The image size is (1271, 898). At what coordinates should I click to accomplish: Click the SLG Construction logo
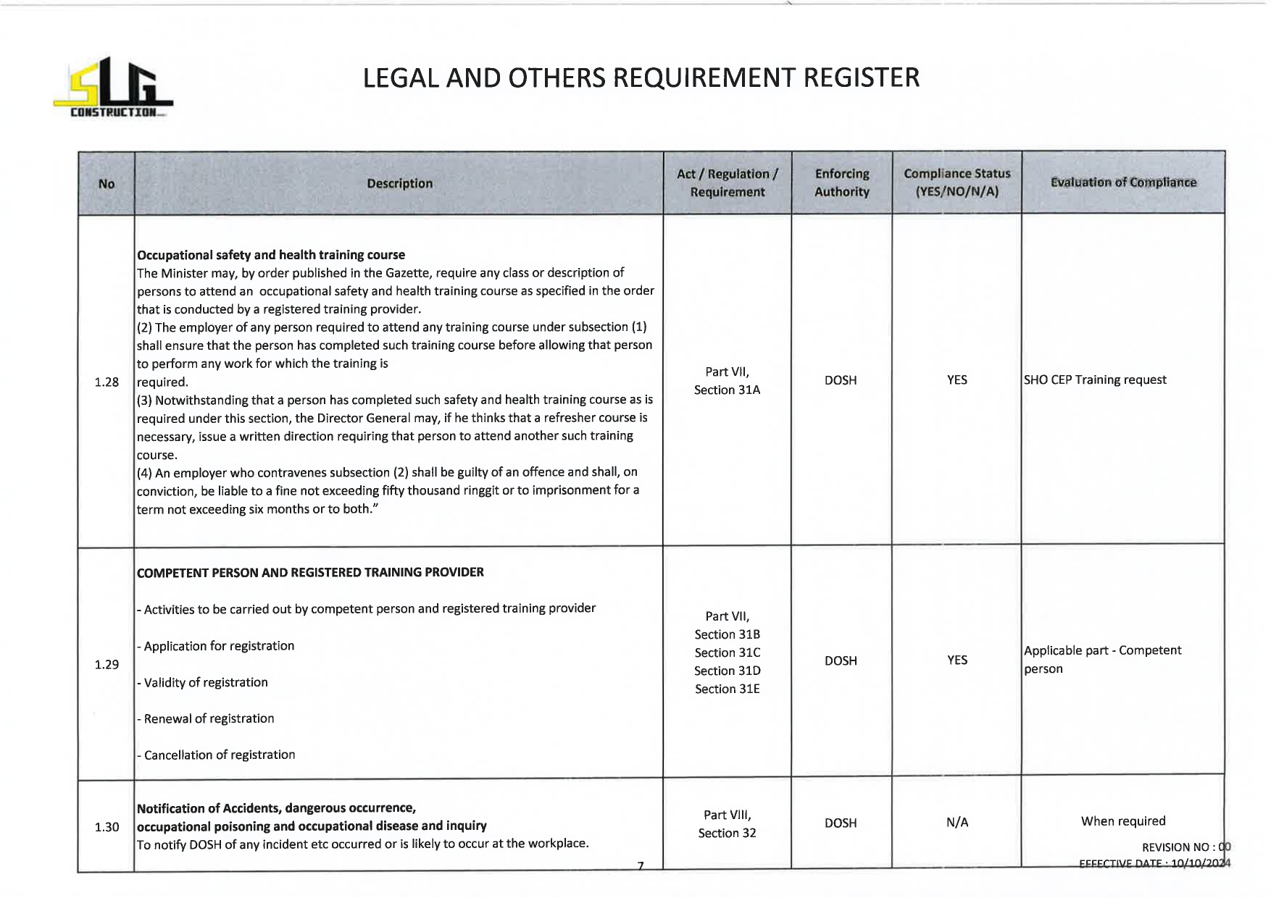point(113,88)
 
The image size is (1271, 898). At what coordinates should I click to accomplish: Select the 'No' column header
point(107,184)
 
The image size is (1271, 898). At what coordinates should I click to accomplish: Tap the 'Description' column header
point(399,184)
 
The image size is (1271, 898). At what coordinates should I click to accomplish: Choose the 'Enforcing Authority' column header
point(841,182)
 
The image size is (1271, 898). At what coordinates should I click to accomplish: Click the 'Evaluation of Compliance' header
point(1123,182)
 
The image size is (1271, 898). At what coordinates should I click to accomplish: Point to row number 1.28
point(107,382)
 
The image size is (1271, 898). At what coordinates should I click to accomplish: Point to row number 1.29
point(107,664)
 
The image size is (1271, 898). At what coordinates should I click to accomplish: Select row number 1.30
point(107,826)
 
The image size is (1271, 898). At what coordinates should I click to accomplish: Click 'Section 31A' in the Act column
point(727,390)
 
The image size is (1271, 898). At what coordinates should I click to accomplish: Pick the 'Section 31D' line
point(727,671)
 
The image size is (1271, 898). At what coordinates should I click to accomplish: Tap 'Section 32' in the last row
point(727,833)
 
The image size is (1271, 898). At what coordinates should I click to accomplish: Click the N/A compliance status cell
point(957,822)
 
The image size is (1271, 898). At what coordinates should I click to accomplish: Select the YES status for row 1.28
point(957,380)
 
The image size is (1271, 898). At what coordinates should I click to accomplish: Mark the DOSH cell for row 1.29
point(841,660)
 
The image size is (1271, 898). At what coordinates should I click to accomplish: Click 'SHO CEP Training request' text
point(1095,380)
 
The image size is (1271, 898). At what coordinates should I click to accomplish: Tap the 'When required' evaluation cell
point(1123,821)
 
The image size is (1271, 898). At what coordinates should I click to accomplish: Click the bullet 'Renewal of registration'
point(209,718)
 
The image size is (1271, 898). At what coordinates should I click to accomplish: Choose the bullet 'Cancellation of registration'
point(219,755)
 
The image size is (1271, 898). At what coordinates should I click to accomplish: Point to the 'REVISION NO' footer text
point(1178,847)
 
